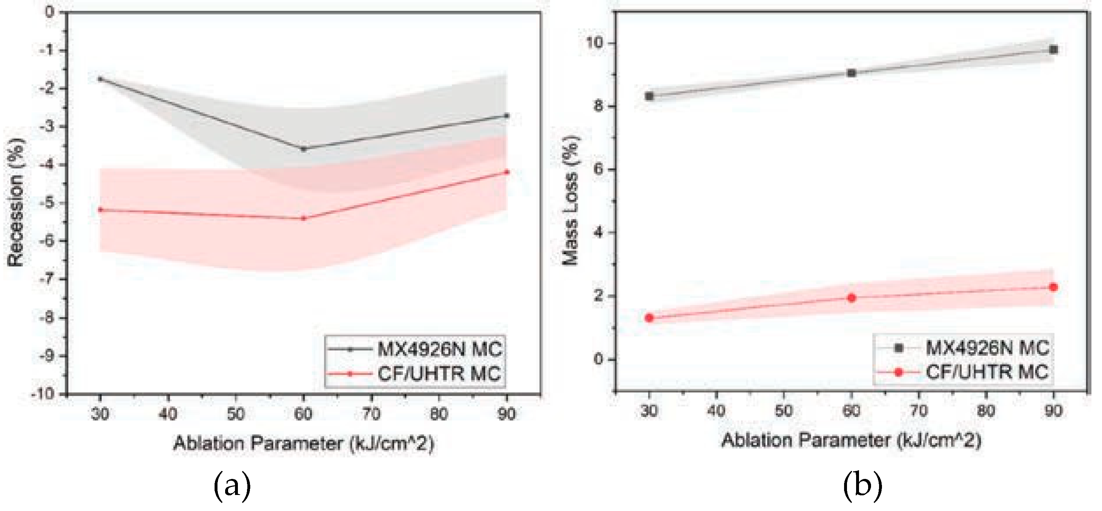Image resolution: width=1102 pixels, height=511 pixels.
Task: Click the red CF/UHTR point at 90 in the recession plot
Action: (507, 172)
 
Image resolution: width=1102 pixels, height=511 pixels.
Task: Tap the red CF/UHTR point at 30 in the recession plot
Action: (100, 210)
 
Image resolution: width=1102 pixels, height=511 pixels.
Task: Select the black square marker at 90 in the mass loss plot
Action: (1053, 50)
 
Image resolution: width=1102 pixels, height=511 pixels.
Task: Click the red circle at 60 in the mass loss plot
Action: (851, 298)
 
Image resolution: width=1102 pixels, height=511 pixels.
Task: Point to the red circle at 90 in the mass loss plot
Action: (1053, 287)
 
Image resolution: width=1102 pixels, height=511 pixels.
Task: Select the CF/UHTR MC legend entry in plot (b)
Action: (987, 372)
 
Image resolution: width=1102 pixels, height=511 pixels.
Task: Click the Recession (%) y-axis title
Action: (16, 202)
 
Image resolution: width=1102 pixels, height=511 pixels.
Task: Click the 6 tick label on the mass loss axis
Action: (598, 169)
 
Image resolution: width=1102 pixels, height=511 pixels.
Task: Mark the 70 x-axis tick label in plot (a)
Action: (371, 414)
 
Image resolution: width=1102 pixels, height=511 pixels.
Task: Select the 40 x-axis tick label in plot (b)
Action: (717, 411)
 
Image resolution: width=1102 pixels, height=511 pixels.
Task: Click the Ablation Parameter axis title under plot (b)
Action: (851, 440)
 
